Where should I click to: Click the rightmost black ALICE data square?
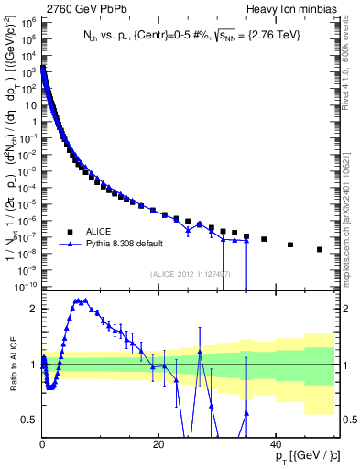tap(320, 249)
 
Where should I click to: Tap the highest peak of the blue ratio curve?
tap(81, 300)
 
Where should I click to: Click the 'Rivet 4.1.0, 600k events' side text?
tap(348, 73)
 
